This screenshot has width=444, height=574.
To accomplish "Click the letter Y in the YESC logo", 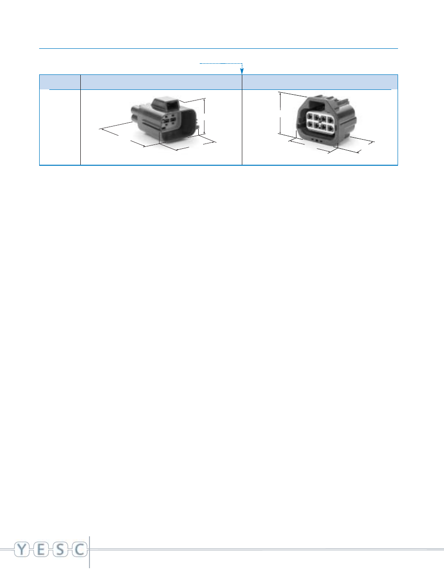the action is pos(22,549).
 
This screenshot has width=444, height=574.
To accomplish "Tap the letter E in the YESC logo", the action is pos(41,549).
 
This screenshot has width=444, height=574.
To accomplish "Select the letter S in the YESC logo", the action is pos(60,549).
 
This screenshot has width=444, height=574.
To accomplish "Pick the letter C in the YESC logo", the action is pos(79,549).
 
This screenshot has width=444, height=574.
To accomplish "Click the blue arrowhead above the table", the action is pos(242,71).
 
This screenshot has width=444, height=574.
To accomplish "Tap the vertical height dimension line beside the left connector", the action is pos(205,116).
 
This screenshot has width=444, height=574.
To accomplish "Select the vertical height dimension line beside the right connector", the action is pos(280,113).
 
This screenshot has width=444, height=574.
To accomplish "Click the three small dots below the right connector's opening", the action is pos(317,141).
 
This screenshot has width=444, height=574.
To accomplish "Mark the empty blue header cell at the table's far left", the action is pos(59,82).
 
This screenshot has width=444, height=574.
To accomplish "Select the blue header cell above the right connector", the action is pos(320,82).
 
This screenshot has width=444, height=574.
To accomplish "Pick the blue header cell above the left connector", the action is pos(161,82).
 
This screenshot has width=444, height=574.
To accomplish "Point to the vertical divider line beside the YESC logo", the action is pos(90,552).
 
